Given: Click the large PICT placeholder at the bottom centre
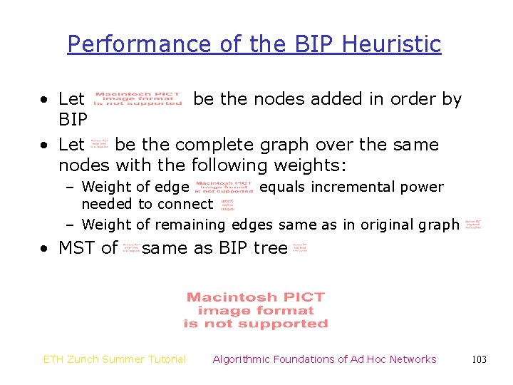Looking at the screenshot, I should pyautogui.click(x=256, y=310).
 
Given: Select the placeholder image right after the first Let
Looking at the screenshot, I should pyautogui.click(x=138, y=99).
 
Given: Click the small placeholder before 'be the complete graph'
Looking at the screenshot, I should pyautogui.click(x=100, y=145).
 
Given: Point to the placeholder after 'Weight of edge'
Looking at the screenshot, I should pyautogui.click(x=224, y=188).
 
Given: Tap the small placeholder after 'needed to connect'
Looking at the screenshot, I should pyautogui.click(x=227, y=205).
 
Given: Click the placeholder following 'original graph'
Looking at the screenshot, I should pyautogui.click(x=473, y=225).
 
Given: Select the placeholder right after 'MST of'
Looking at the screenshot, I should pyautogui.click(x=130, y=248).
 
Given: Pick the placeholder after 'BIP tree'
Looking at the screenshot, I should pyautogui.click(x=299, y=248).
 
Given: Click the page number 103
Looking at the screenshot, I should pyautogui.click(x=479, y=359).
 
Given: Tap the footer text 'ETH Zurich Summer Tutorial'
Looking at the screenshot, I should pyautogui.click(x=115, y=359).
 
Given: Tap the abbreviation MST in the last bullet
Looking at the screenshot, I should pyautogui.click(x=78, y=248).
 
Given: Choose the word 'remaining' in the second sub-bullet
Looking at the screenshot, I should pyautogui.click(x=190, y=225).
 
